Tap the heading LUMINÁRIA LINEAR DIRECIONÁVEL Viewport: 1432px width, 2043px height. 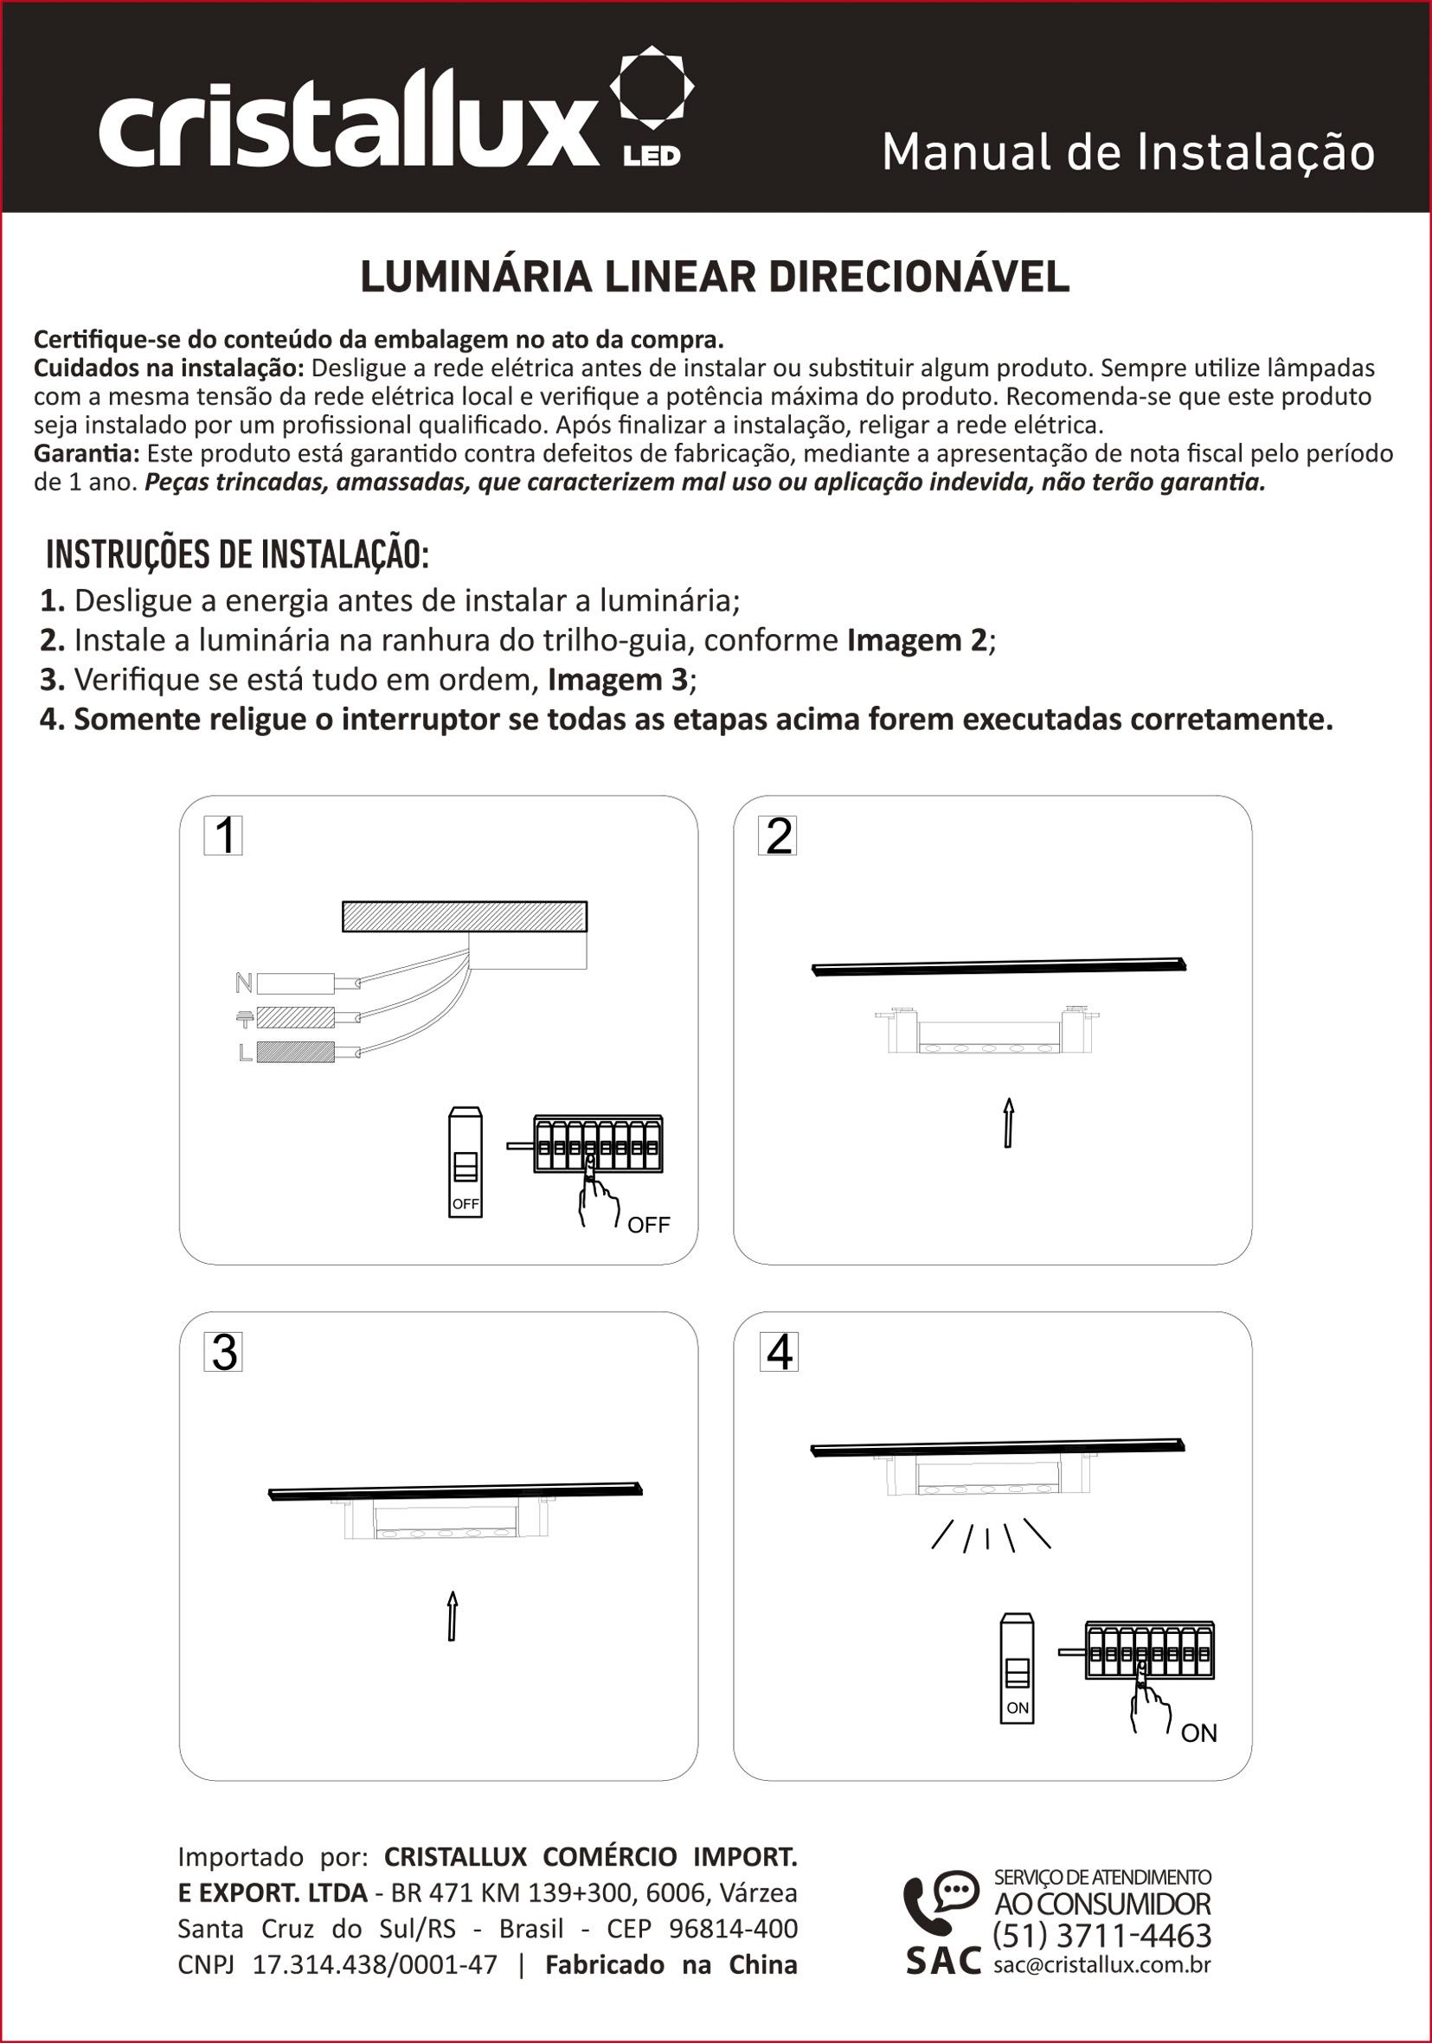715,278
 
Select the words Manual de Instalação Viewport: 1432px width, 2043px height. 1127,153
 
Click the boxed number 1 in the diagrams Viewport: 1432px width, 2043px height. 223,836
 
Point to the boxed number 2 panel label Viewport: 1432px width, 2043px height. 777,836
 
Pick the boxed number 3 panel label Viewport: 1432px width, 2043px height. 223,1353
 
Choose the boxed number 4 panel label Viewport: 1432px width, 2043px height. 779,1353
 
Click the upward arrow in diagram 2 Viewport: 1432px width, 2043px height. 1008,1123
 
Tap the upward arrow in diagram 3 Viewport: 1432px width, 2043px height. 453,1615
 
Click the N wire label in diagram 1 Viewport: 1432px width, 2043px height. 243,983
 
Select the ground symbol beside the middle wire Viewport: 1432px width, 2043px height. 244,1019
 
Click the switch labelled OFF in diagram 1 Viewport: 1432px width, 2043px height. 466,1162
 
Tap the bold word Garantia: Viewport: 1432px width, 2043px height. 87,454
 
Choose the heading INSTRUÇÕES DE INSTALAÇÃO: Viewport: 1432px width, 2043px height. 238,554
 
